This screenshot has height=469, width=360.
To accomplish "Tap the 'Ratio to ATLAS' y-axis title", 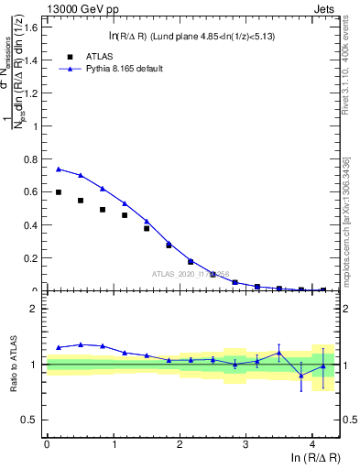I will pos(14,365).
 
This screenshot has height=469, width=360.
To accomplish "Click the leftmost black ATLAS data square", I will pos(59,192).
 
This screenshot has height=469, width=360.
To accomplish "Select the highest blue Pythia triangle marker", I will pos(59,169).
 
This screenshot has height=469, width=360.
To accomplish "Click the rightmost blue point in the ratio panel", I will pos(322,366).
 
